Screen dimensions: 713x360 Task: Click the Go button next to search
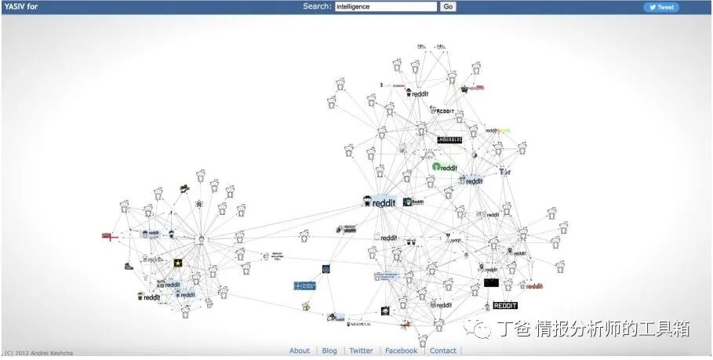(448, 7)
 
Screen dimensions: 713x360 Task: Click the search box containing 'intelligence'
(385, 7)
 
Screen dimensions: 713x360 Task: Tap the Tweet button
(661, 7)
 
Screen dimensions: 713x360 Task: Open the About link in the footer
(300, 351)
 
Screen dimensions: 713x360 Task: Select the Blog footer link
(329, 351)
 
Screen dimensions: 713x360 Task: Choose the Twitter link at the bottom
(361, 351)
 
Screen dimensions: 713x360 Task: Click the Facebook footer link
(401, 351)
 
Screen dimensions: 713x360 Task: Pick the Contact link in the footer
(442, 351)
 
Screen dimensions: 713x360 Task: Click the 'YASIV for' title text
(21, 7)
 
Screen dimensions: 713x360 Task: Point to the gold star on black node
(178, 264)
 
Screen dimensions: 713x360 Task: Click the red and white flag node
(108, 235)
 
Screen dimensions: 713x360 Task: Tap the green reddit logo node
(445, 167)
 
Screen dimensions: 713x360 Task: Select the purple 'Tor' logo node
(505, 171)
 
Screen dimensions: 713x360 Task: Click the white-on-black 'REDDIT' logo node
(505, 305)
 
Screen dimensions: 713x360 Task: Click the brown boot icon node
(129, 266)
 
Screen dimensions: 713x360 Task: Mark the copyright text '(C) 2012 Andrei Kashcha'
(40, 353)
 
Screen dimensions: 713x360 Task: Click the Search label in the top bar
(317, 7)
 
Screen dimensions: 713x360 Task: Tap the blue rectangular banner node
(304, 286)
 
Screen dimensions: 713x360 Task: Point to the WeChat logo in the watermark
(479, 328)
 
